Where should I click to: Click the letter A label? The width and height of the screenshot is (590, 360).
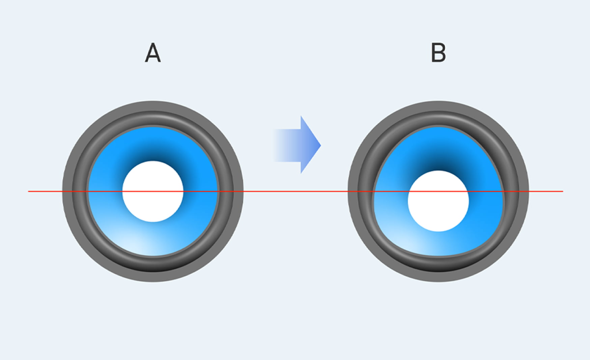[x=153, y=53]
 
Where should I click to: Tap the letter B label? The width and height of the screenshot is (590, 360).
[x=439, y=53]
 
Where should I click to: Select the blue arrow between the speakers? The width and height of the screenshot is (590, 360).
[x=297, y=145]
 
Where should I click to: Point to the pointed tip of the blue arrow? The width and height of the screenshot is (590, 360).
[x=321, y=145]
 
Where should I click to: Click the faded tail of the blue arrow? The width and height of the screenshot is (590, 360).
[x=280, y=145]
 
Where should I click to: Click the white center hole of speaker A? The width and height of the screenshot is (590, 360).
[x=153, y=191]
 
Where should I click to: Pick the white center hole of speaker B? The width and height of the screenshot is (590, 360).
[x=438, y=201]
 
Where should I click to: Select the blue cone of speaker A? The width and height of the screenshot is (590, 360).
[x=153, y=191]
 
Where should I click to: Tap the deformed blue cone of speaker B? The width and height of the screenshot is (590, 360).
[x=438, y=191]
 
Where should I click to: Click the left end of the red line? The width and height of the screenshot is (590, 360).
[x=28, y=191]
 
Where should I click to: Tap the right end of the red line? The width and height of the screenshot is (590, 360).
[x=563, y=191]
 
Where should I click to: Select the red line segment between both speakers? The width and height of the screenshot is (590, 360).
[x=296, y=191]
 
